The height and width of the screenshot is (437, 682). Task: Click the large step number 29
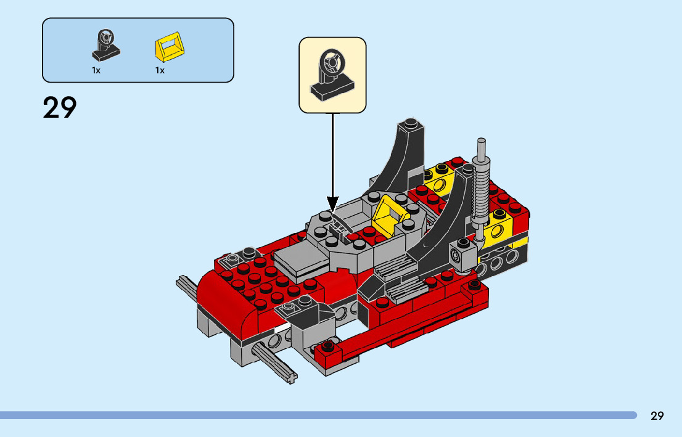60,108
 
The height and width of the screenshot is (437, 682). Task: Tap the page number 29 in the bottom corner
657,415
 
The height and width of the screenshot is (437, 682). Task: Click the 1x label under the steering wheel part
96,70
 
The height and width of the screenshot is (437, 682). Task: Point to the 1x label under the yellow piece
160,70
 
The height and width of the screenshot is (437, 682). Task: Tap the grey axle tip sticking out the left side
185,284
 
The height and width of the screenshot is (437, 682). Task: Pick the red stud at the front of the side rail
327,346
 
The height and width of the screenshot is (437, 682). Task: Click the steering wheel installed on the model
338,224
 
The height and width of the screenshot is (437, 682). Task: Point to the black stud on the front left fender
249,251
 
